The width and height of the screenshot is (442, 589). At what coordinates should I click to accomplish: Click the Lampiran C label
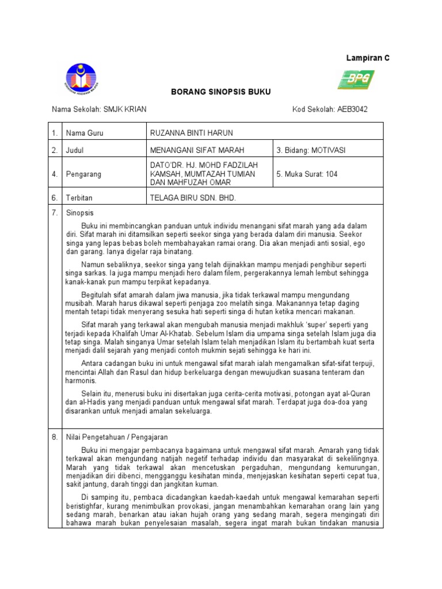coord(367,58)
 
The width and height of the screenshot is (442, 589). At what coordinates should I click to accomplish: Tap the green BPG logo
coord(356,79)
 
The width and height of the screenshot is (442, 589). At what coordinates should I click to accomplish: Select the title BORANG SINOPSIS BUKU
coord(214,92)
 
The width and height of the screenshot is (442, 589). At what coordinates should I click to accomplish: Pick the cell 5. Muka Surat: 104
coord(307,174)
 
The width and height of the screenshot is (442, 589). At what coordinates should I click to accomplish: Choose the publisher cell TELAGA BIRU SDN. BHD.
coord(193,197)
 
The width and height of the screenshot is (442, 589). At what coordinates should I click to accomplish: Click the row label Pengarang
coord(83,174)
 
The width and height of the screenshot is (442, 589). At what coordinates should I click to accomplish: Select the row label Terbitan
coord(80,197)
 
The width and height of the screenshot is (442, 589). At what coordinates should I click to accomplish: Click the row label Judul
coord(75,150)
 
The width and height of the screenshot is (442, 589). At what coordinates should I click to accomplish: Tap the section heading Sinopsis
coord(79,213)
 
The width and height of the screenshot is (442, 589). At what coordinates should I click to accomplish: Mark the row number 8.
coord(55,437)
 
